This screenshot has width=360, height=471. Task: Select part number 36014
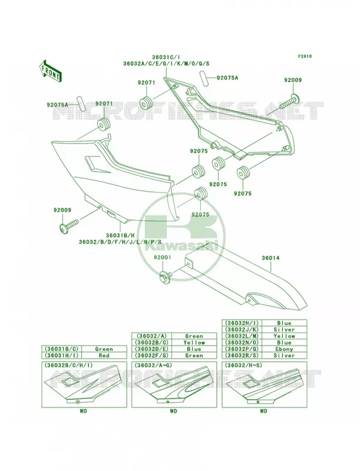point(270,258)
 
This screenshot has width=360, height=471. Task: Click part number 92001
point(163,257)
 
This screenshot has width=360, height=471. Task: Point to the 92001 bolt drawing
point(166,274)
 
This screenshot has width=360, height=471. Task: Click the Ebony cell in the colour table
point(284,349)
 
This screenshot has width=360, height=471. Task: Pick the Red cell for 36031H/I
point(104,356)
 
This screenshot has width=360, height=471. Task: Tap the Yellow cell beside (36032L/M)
point(284,336)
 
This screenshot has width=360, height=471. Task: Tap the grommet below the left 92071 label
point(104,125)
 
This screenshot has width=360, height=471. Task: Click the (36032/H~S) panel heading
point(242,365)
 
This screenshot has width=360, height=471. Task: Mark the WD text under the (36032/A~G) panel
point(173,411)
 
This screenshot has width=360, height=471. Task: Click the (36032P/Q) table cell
point(242,349)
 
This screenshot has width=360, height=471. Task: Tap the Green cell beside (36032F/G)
point(194,356)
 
